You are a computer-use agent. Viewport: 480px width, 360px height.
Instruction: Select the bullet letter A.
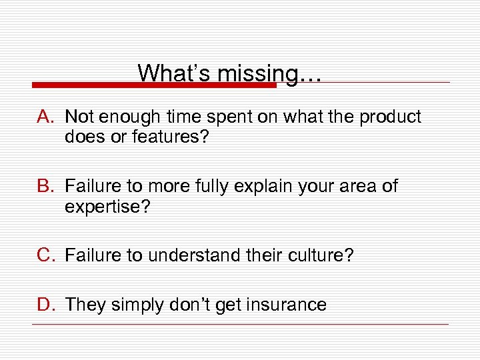[45, 117]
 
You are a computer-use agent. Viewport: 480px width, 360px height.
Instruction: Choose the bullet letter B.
[45, 186]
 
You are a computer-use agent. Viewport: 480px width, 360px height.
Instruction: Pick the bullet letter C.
[45, 255]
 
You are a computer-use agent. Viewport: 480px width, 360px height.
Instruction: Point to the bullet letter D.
[45, 305]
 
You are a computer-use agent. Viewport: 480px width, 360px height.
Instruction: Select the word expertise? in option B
[107, 207]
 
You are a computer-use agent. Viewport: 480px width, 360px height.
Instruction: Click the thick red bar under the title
[153, 85]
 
